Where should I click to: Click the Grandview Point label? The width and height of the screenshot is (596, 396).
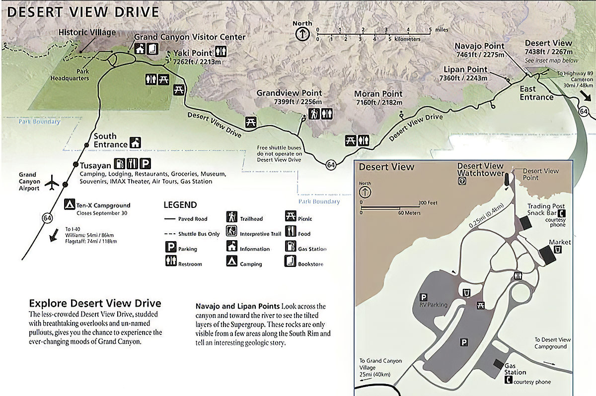point(289,93)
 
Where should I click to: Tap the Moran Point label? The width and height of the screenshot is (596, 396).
point(378,94)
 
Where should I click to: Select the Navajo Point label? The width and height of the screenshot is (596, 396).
point(479,46)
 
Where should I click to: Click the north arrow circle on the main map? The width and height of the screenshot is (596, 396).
point(302,34)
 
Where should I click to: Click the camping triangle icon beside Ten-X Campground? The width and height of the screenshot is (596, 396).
point(70,204)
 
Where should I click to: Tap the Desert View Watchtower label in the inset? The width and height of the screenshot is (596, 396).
point(480,170)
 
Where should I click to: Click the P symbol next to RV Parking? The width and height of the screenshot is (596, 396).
point(424,297)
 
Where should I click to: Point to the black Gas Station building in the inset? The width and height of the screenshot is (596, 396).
point(498,364)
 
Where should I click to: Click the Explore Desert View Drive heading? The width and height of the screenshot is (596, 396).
point(95,303)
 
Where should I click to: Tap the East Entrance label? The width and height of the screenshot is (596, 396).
point(536,93)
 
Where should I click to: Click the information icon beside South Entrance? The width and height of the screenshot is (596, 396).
point(135,142)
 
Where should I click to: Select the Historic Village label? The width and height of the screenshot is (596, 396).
point(87,33)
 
